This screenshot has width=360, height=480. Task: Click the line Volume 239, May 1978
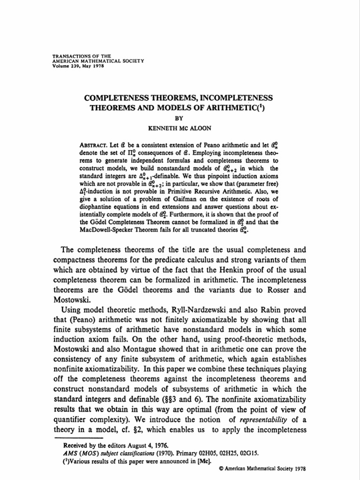click(78, 66)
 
